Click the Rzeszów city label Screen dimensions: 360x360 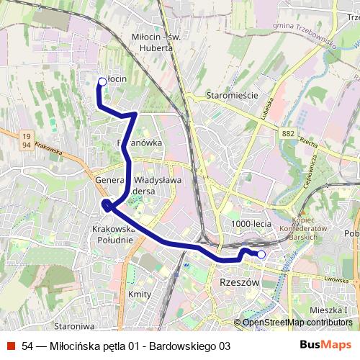click(x=237, y=283)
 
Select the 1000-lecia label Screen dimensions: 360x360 click(x=251, y=224)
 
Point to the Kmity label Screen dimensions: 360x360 click(x=139, y=294)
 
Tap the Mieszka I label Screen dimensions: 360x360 click(x=328, y=310)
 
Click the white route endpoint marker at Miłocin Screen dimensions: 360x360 click(x=102, y=82)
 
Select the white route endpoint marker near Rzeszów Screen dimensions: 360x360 click(x=261, y=254)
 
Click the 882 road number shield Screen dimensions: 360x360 click(x=289, y=132)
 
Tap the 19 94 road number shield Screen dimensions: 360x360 click(x=26, y=141)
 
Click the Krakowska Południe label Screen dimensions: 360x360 click(x=114, y=234)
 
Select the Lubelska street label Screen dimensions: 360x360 click(x=267, y=108)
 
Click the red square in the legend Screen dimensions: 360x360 click(x=11, y=346)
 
